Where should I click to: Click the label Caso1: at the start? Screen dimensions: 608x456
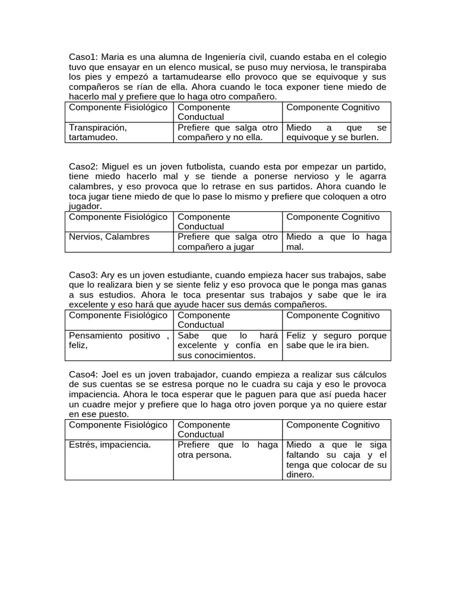coord(84,57)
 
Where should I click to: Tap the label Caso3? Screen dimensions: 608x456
coord(84,275)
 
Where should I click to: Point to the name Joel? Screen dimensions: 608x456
coord(113,375)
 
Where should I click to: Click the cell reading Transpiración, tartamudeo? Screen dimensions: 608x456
coord(98,132)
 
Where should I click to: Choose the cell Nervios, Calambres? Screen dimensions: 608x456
coord(101,237)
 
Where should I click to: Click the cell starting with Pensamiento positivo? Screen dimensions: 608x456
coord(119,340)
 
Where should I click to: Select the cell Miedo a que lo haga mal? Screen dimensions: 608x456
coord(336,242)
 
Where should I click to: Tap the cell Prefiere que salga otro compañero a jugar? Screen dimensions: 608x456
coord(227,242)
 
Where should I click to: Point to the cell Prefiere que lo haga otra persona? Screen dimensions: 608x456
coord(227,450)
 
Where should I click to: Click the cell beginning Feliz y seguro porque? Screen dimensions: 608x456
coord(336,340)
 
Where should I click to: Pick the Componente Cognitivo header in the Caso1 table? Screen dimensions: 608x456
coord(332,107)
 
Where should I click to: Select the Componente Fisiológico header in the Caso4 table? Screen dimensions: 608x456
coord(118,425)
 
